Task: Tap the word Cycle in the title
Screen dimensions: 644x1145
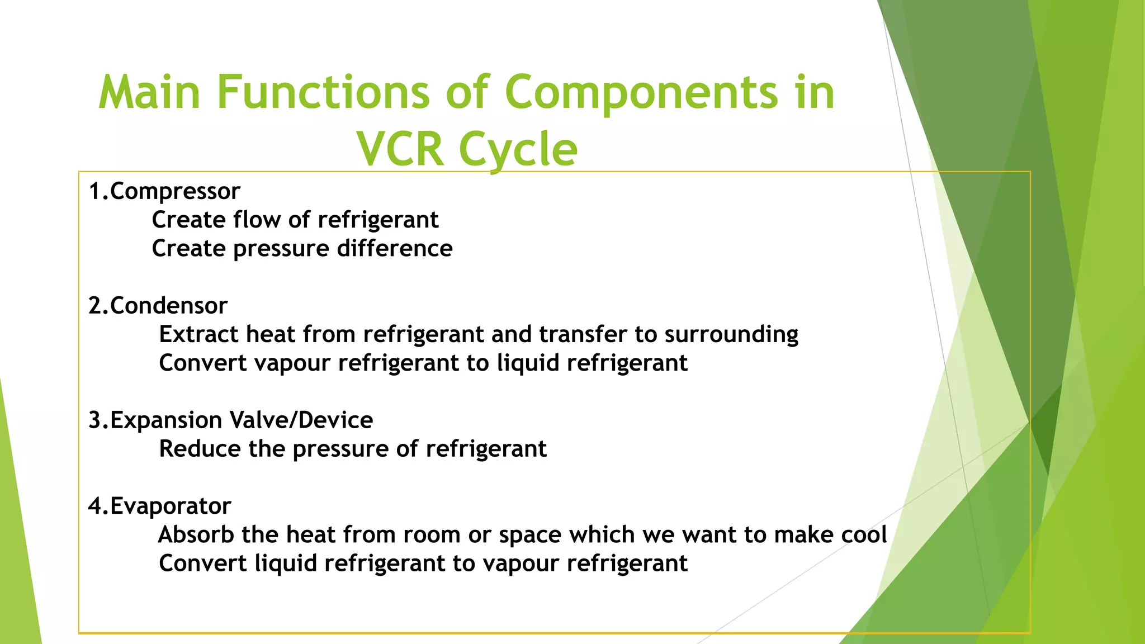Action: tap(518, 150)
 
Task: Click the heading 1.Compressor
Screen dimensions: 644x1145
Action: tap(164, 192)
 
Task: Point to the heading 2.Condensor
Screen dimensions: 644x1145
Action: tap(158, 306)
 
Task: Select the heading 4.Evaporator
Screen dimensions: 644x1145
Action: tap(160, 506)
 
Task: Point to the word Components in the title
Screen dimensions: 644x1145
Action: tap(641, 92)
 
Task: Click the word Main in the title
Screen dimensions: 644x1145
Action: tap(149, 92)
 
